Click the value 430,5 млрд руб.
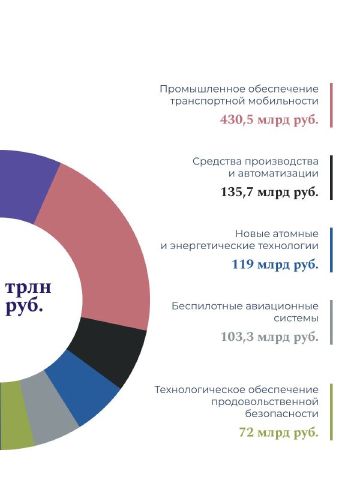(269, 119)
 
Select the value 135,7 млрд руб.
(269, 192)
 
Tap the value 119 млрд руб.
(275, 265)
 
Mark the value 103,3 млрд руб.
(269, 337)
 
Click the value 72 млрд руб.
(278, 433)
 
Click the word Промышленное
(202, 89)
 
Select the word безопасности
(281, 414)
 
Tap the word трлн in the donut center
(28, 287)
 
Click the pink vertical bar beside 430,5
(331, 105)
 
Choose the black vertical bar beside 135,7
(331, 178)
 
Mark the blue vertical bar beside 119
(331, 250)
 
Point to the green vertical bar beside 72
(331, 412)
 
